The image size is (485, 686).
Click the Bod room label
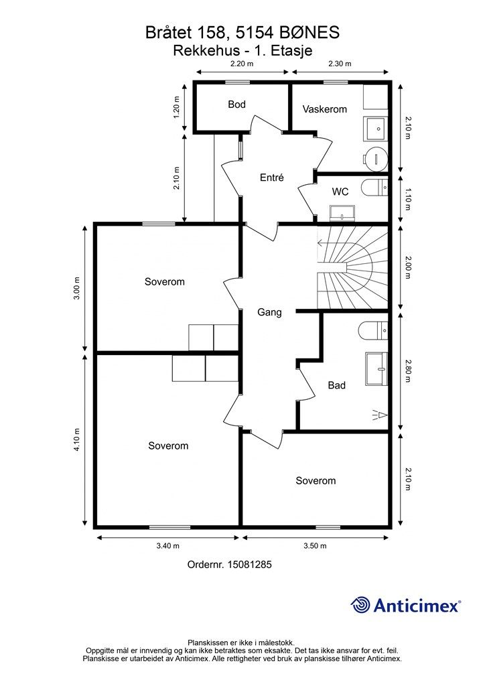click(236, 105)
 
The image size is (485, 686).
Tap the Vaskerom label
click(324, 109)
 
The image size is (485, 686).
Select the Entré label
click(271, 178)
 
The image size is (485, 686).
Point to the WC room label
click(340, 192)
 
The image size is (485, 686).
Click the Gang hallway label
click(269, 312)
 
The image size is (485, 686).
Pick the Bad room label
click(337, 385)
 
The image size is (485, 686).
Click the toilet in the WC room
click(374, 189)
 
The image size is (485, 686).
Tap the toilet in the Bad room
click(373, 330)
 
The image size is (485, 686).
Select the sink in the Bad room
click(376, 369)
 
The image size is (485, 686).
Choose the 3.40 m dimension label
click(168, 546)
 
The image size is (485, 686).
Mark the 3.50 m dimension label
click(315, 546)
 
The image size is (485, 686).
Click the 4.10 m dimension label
click(77, 439)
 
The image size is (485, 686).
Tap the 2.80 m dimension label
click(408, 371)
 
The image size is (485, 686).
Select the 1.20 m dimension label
click(176, 107)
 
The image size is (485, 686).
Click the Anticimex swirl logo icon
click(360, 605)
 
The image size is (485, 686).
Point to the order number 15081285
click(249, 565)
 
